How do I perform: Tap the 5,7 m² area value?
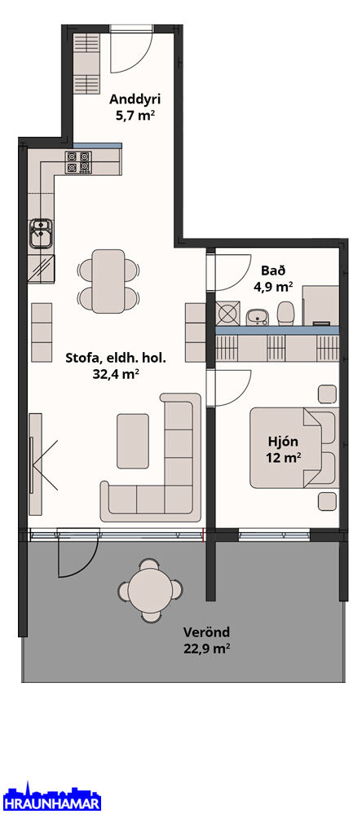[x=135, y=116]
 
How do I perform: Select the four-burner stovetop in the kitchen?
[x=78, y=162]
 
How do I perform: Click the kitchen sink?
[x=41, y=232]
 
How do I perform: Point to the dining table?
[x=108, y=281]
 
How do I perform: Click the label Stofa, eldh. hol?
[x=116, y=359]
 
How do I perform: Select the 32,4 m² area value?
[x=116, y=374]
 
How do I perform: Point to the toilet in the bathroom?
[x=285, y=313]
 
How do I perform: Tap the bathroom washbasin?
[x=256, y=317]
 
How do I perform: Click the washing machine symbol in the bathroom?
[x=227, y=314]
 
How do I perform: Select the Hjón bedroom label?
[x=283, y=442]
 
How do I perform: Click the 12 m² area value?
[x=283, y=458]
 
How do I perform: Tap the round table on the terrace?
[x=150, y=590]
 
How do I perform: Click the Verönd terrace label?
[x=206, y=632]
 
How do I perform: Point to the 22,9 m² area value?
[x=207, y=649]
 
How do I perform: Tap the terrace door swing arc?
[x=78, y=557]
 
